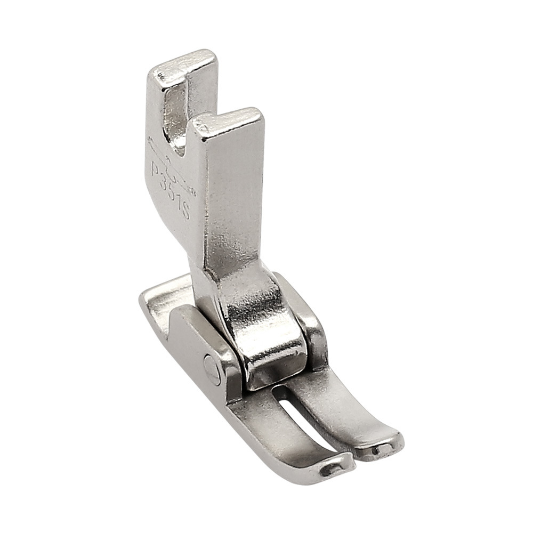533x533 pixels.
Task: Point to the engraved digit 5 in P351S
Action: (173, 193)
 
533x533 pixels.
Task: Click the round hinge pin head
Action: (212, 369)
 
